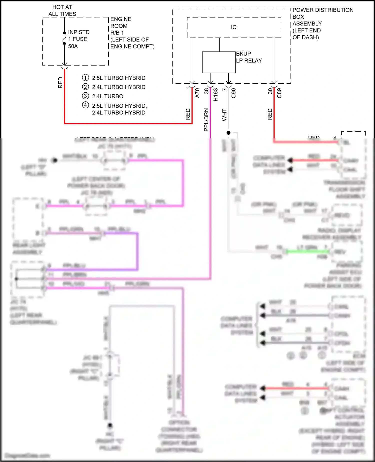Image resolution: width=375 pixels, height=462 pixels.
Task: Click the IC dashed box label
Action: coord(233,27)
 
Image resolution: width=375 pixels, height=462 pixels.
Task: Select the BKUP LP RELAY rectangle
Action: coord(218,62)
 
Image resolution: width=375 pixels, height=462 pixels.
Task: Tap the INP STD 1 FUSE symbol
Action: coord(64,39)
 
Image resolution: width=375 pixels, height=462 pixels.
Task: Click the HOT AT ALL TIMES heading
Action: coord(62,11)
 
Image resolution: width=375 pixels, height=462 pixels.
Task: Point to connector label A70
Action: coord(197,93)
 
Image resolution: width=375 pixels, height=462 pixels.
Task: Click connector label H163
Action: coord(215,95)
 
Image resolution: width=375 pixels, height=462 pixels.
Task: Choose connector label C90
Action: coord(233,93)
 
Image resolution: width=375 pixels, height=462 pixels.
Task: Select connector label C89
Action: coord(279,93)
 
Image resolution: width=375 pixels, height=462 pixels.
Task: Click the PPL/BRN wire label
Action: coord(206,120)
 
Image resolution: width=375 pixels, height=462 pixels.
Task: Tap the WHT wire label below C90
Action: coord(224,115)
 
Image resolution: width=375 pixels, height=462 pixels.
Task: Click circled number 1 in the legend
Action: coord(85,78)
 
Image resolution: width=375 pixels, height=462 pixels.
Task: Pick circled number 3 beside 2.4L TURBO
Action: coord(85,96)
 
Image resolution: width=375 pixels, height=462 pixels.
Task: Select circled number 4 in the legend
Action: coord(85,105)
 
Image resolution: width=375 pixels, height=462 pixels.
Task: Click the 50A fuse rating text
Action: coord(73,46)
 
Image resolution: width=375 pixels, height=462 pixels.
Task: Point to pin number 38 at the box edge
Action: coord(206,91)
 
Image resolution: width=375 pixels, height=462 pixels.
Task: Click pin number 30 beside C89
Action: coord(270,91)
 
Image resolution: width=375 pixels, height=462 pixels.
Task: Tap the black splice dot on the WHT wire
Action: coord(228,133)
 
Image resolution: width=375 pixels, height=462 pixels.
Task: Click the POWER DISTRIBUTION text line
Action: coord(323,10)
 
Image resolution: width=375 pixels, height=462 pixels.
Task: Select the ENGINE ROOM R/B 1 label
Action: coord(121,26)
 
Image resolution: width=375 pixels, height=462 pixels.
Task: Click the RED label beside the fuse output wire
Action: coord(60,83)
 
